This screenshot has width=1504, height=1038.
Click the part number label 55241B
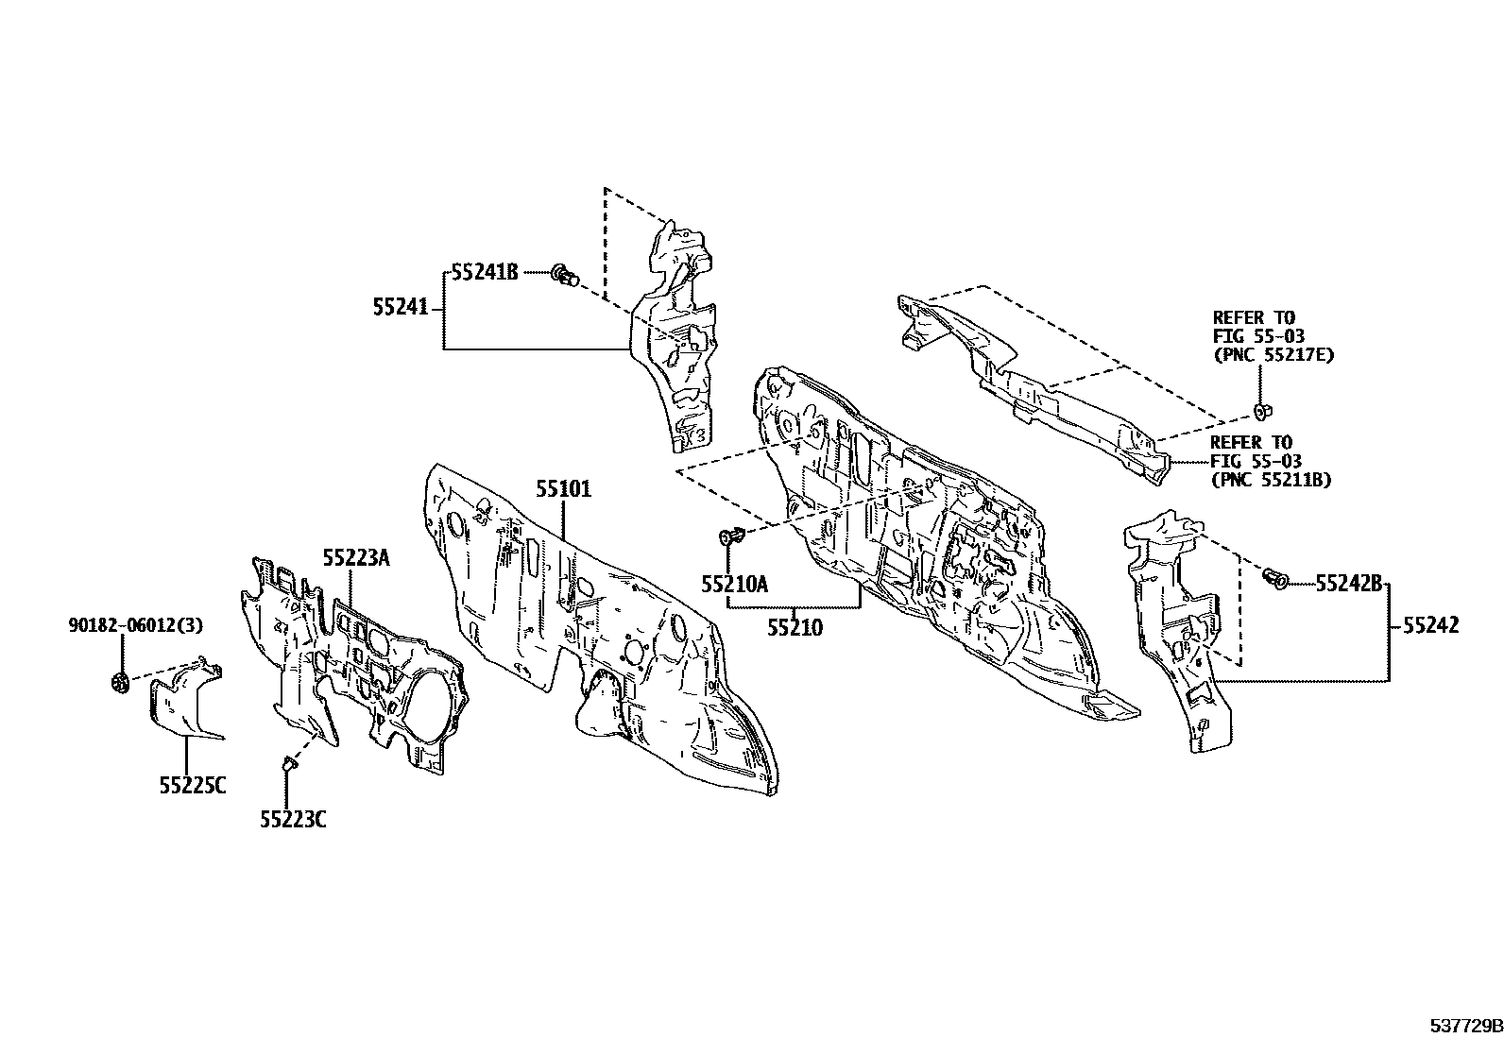485,272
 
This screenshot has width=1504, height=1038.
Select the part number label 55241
401,308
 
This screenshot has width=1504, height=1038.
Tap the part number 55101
563,489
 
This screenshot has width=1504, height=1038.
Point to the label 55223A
356,557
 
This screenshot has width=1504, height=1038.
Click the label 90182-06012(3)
136,625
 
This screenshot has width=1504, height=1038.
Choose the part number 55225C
193,785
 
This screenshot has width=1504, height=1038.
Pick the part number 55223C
294,820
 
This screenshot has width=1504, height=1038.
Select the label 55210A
735,584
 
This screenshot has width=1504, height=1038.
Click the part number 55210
795,628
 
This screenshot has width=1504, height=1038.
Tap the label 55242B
1349,584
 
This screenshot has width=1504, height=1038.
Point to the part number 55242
1431,625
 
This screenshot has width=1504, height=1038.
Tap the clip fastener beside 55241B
565,274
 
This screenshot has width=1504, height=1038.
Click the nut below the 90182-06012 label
120,683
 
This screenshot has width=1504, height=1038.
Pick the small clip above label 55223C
289,763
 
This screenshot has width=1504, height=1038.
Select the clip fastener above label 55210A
731,536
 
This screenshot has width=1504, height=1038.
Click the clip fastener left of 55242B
1273,577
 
